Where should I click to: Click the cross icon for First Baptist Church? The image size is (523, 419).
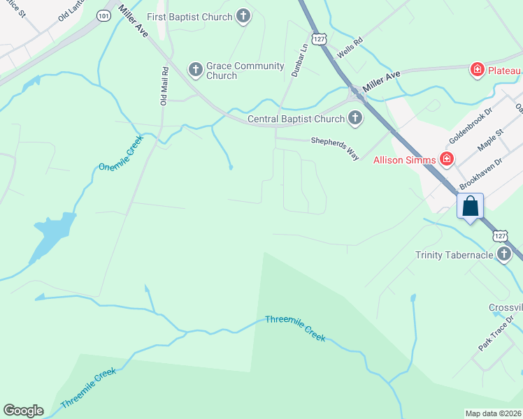point(243,17)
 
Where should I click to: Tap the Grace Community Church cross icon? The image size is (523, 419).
point(195,69)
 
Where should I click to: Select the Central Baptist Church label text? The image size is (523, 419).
point(297,119)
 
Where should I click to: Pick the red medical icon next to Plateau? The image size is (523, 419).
point(477,70)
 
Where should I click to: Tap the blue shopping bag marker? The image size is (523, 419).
point(470,207)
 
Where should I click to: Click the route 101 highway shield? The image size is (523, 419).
point(103,16)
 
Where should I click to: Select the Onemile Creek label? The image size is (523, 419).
point(120,157)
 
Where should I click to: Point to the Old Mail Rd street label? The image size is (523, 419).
point(164,86)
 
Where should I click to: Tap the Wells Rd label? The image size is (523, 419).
point(350,49)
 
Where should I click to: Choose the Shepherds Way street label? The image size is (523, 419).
point(335,147)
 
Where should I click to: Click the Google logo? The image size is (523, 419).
point(23,411)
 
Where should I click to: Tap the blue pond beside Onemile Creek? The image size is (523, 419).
point(52,234)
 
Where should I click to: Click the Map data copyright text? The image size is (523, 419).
point(494,413)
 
